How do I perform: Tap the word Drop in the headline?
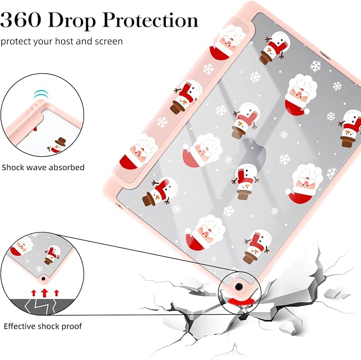click(x=72, y=21)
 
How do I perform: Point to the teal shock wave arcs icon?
click(x=41, y=94)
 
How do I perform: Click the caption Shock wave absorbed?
click(x=43, y=167)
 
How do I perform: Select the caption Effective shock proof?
click(x=43, y=326)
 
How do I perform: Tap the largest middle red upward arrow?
click(x=45, y=293)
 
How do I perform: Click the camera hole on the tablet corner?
click(x=239, y=287)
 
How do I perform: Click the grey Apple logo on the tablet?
click(x=253, y=152)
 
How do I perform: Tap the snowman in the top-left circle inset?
click(x=57, y=145)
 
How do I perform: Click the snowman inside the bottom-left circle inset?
click(x=52, y=255)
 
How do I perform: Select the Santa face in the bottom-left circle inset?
click(x=21, y=246)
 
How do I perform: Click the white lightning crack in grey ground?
click(x=40, y=307)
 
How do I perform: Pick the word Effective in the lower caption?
click(x=19, y=326)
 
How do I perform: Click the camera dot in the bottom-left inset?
click(x=43, y=279)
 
